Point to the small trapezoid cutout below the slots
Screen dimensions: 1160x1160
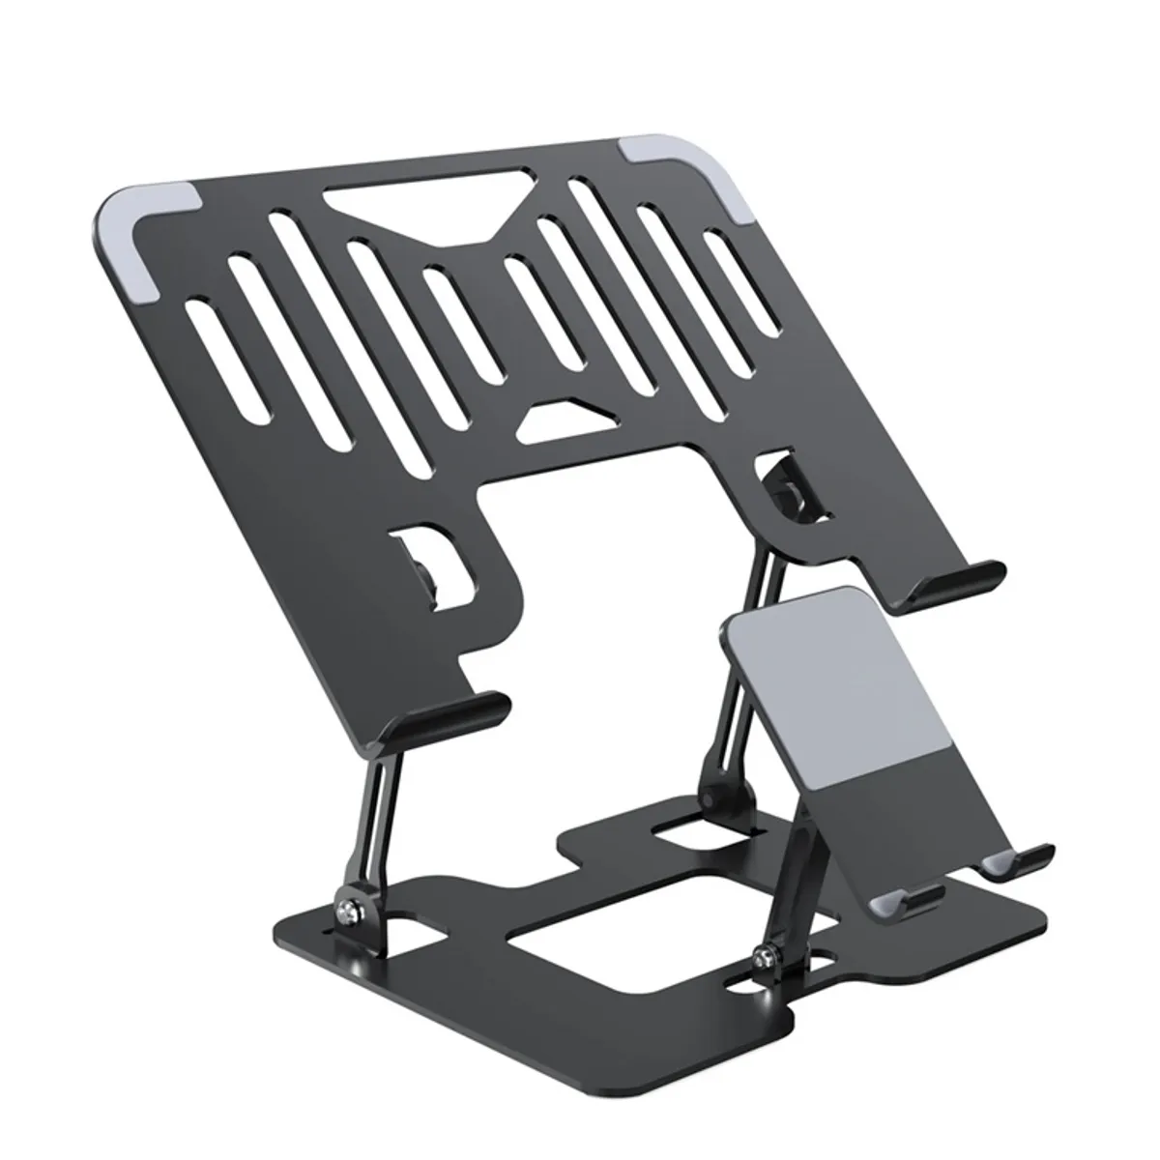click(557, 416)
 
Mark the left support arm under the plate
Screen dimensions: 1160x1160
click(377, 812)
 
